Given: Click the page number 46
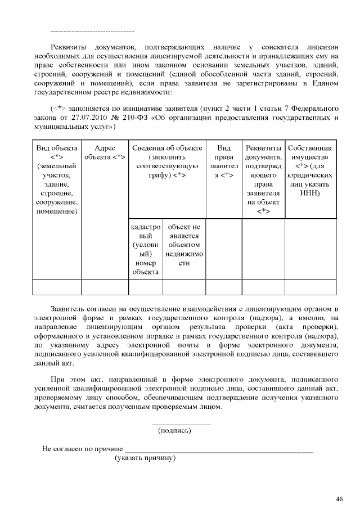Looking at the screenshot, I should click(339, 498).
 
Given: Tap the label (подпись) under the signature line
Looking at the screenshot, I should click(174, 431).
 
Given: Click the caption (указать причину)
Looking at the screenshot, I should click(146, 458).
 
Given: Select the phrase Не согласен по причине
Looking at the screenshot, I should click(83, 449).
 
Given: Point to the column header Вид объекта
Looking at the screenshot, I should click(57, 148).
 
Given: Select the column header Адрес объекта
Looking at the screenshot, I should click(105, 152).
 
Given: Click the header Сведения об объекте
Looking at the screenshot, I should click(167, 148).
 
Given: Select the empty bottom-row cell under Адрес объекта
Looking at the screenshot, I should click(105, 287).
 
